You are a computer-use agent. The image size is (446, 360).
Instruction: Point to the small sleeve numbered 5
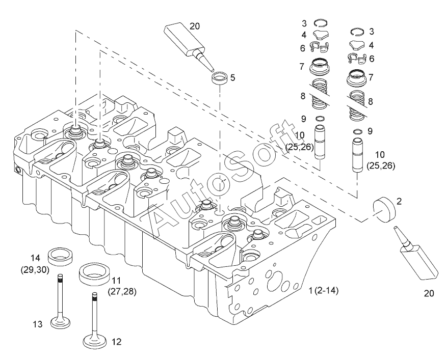coord(220,79)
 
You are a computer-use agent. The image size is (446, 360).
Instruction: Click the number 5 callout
coord(232,78)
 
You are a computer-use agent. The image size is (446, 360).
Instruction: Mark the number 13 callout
coord(37,324)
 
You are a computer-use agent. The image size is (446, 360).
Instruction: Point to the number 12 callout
coord(117,343)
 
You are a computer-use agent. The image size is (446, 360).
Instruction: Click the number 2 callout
coord(399,201)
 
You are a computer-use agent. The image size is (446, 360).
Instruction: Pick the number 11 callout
coord(117,280)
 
